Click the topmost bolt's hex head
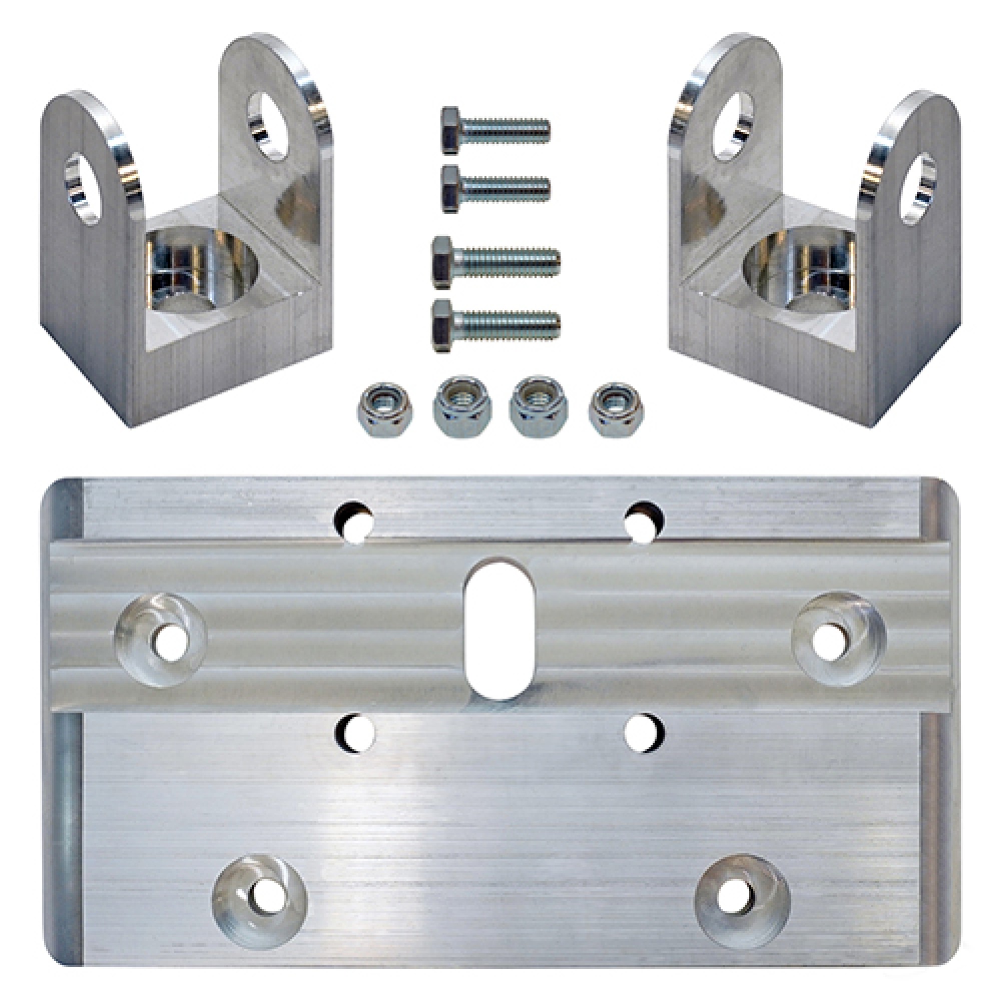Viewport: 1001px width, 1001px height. (451, 131)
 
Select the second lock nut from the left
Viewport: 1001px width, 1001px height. (462, 407)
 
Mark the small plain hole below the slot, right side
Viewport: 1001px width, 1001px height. (644, 733)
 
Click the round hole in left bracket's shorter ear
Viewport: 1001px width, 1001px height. (82, 189)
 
